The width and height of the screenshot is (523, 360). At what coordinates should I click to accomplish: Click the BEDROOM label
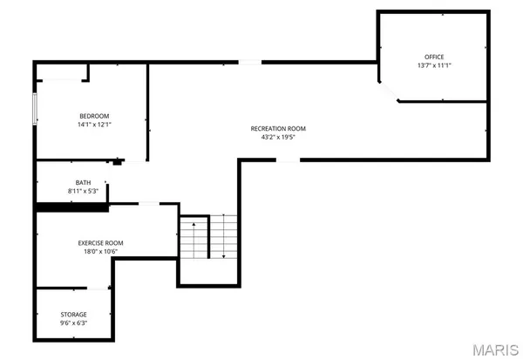93,116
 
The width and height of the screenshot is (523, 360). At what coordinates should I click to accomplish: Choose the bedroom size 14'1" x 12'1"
93,125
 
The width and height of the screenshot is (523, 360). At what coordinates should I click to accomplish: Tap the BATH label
82,182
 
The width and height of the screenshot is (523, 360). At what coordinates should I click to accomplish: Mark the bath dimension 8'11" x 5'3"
82,191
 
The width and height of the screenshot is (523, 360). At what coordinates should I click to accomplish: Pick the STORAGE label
73,314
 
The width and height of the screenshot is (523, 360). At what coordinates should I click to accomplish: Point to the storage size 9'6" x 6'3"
73,323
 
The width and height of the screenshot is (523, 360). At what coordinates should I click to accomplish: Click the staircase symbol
209,237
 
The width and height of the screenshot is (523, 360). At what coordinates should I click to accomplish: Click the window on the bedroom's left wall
35,108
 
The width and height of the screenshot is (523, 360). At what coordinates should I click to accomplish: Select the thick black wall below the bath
71,207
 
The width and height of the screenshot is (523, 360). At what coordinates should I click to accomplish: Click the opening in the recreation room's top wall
249,62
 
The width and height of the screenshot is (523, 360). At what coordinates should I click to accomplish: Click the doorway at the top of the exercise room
149,204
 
